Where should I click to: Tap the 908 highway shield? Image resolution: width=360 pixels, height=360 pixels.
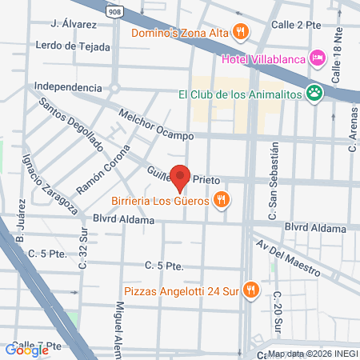click(x=114, y=11)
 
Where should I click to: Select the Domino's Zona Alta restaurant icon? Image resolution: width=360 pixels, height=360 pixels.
click(x=240, y=32)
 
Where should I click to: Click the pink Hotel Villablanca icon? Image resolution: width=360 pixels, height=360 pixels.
click(x=317, y=58)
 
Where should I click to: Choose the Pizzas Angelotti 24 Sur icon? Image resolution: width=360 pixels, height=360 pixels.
click(x=251, y=289)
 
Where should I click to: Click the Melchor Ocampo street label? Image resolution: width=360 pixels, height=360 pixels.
click(x=155, y=124)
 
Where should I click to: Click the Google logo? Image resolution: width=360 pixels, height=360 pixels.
click(x=26, y=350)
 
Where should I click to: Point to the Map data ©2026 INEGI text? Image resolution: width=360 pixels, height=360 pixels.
click(x=313, y=353)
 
